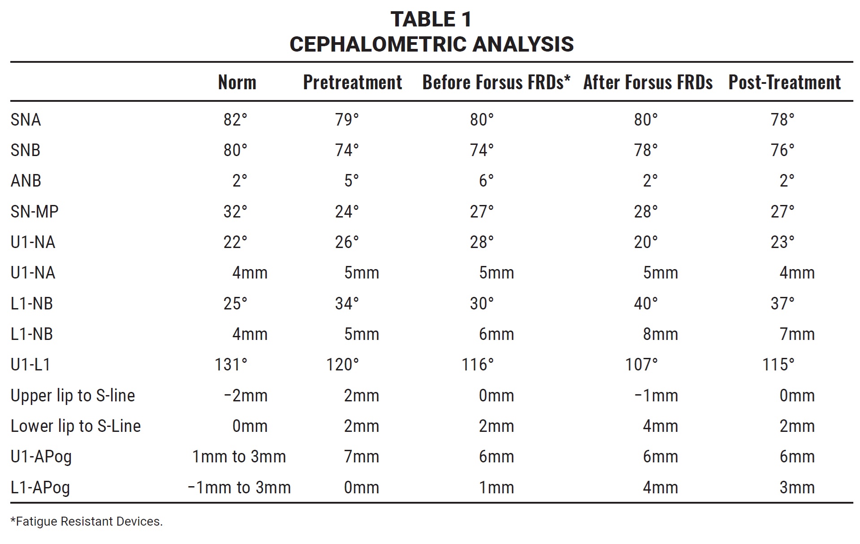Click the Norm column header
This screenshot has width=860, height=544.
[237, 83]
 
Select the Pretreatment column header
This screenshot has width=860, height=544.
[352, 83]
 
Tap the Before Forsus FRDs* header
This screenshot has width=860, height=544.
[496, 83]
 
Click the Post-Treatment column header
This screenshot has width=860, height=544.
[784, 83]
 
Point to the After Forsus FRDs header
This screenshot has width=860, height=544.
[648, 83]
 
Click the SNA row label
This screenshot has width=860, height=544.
[26, 120]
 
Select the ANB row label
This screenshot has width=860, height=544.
[26, 181]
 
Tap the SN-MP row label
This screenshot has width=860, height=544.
[35, 211]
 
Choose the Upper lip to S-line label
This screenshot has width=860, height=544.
[73, 396]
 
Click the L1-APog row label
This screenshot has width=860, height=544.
[40, 487]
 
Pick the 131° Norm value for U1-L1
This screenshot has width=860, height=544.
[231, 365]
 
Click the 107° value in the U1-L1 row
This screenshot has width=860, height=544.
[641, 365]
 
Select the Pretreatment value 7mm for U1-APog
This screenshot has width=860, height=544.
[361, 457]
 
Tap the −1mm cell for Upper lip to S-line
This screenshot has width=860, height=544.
[656, 396]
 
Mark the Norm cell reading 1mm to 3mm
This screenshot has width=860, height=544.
[239, 457]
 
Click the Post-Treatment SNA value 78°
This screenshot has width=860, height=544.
[782, 120]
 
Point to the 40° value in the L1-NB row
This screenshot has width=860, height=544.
[646, 304]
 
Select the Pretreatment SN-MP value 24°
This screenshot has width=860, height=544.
[347, 211]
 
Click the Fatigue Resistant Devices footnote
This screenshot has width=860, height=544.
[86, 522]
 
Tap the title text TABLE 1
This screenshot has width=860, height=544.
[431, 19]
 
